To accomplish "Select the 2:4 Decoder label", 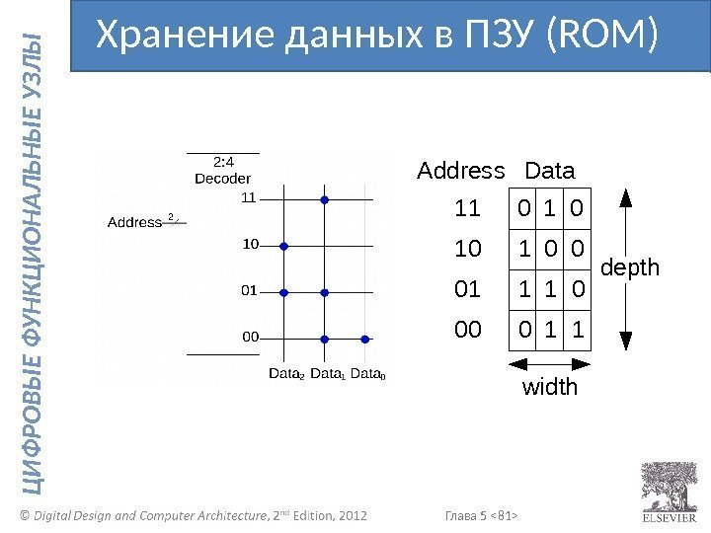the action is pos(222,170).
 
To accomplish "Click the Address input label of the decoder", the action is pos(133,222).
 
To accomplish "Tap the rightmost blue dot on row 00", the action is pos(364,339).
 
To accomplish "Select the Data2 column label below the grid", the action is pos(287,374).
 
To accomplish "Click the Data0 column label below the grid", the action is pos(368,374).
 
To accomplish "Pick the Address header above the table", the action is pos(461,171).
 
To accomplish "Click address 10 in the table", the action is pos(467,251).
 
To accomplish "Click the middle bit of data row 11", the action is pos(549,210).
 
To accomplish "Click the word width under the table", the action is pos(549,387).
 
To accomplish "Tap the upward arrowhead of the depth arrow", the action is pos(625,196).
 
